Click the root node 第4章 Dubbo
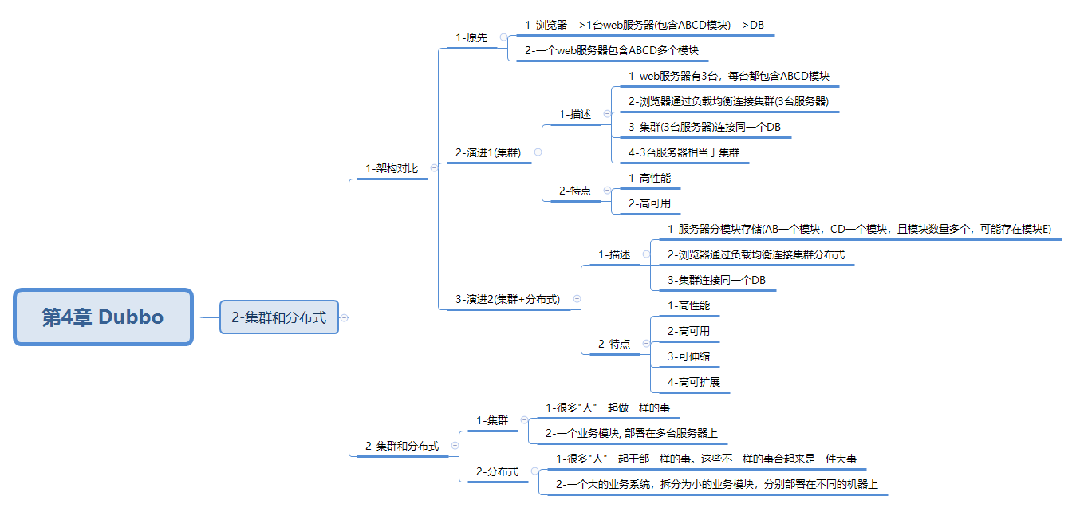[103, 317]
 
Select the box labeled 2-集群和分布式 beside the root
[278, 317]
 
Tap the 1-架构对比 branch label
[392, 168]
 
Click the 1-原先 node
[471, 37]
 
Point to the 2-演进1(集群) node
[488, 152]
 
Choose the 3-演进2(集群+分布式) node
[507, 299]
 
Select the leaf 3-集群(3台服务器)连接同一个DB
[704, 127]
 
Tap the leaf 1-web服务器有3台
[728, 76]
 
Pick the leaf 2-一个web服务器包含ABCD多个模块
[612, 50]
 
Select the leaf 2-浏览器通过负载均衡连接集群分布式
[756, 254]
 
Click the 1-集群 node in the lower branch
[492, 420]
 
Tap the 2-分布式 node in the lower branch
[497, 471]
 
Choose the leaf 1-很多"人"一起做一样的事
[608, 408]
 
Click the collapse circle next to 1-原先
[503, 37]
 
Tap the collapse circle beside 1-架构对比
[434, 168]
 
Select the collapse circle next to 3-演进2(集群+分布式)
[577, 299]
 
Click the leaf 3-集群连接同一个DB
[716, 280]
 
